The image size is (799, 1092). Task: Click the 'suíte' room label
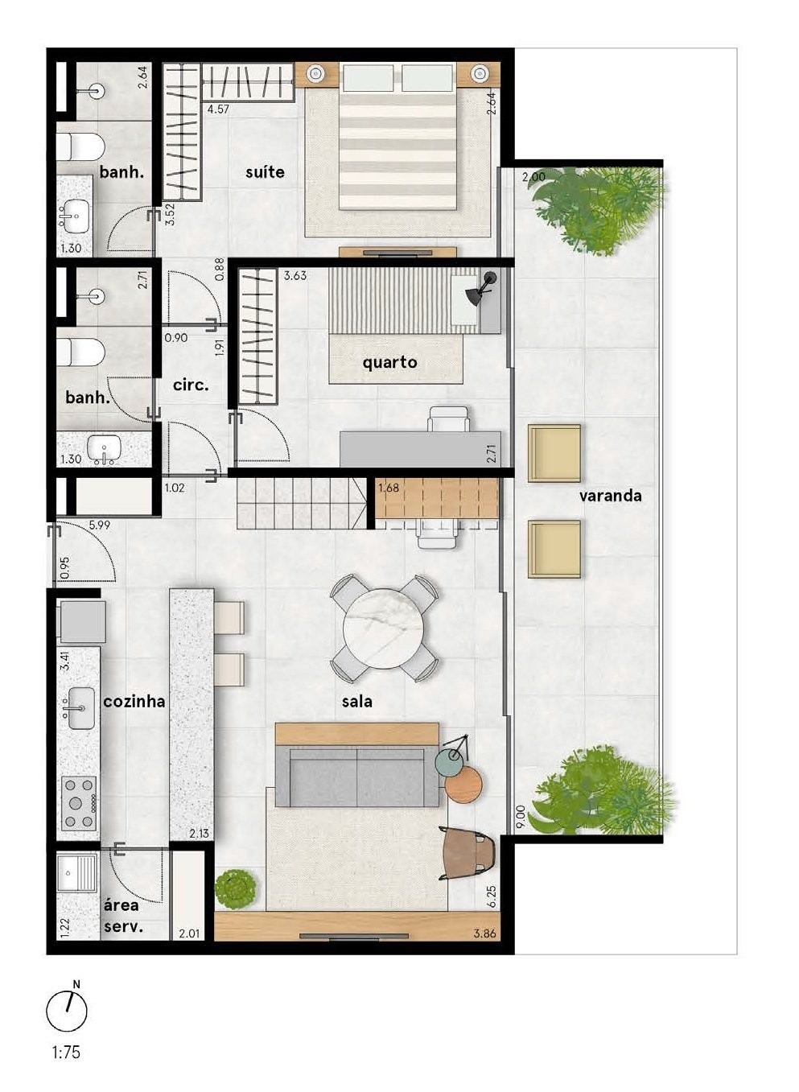click(x=265, y=172)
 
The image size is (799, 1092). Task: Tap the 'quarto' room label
click(x=389, y=362)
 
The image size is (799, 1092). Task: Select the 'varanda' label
click(x=610, y=496)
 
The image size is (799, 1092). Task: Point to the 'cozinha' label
click(x=134, y=701)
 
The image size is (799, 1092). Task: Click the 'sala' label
click(x=356, y=702)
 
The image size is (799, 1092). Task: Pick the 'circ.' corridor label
click(x=191, y=385)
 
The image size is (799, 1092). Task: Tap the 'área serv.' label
click(x=122, y=916)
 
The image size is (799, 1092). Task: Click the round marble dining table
click(x=384, y=628)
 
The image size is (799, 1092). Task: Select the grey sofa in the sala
click(x=356, y=776)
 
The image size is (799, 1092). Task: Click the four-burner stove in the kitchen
click(x=79, y=802)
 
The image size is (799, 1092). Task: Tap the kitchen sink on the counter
click(x=80, y=708)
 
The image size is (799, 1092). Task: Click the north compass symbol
click(x=67, y=1011)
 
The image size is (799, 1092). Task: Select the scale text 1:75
click(x=66, y=1053)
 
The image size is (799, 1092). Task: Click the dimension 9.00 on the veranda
click(x=521, y=818)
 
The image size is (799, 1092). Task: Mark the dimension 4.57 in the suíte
click(x=218, y=109)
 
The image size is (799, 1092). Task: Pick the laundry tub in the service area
click(x=77, y=872)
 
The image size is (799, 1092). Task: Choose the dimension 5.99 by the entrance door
click(x=100, y=525)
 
